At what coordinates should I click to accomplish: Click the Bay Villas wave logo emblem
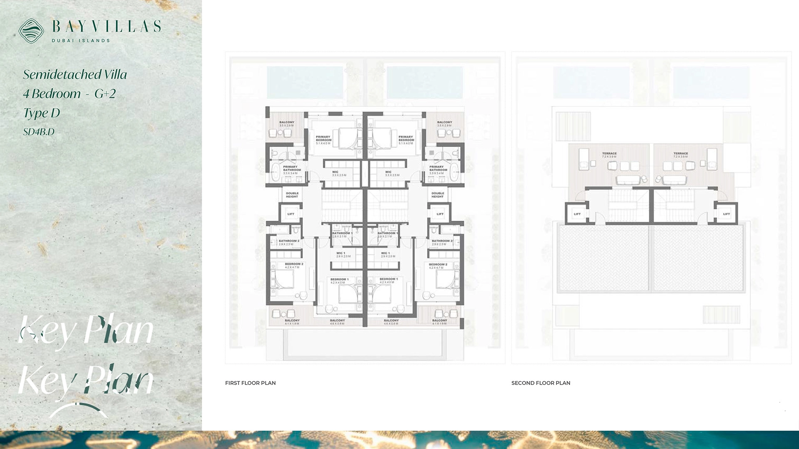31,31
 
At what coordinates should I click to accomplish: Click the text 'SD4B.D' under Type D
39,132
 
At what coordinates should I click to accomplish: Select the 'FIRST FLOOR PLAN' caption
250,383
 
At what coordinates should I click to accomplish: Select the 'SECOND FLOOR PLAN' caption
541,383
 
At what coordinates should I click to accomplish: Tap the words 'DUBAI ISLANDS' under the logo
81,41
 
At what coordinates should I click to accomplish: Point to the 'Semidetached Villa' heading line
75,75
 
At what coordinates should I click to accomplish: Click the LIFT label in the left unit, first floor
290,214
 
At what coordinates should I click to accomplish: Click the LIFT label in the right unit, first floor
440,214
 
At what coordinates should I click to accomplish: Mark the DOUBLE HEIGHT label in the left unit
292,195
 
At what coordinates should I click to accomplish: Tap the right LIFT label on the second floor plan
726,214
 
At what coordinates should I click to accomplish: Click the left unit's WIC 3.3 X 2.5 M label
339,173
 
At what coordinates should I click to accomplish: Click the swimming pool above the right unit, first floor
425,82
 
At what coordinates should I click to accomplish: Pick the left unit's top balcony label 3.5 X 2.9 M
287,123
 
